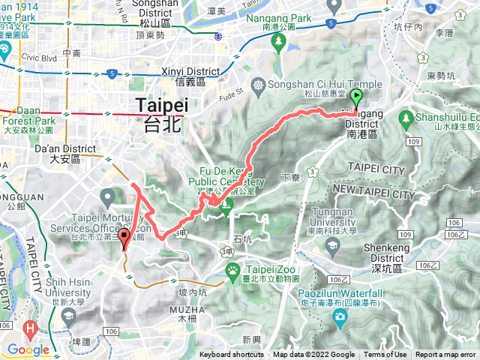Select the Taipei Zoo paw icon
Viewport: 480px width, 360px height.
234,271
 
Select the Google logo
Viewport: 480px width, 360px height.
28,349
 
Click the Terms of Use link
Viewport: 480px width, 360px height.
385,355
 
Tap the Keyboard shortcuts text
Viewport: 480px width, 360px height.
232,355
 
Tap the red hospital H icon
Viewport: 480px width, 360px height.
30,327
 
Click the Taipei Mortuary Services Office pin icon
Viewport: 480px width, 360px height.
107,197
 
